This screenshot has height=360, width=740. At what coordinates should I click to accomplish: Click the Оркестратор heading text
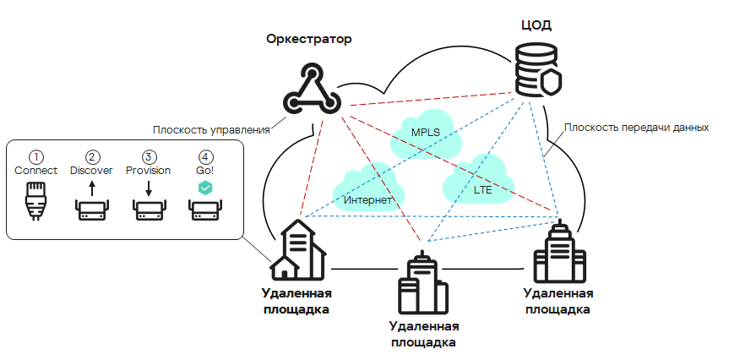point(308,39)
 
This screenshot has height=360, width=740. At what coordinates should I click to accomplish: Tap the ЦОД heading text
point(536,25)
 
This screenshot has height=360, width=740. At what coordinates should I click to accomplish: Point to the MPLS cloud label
point(426,132)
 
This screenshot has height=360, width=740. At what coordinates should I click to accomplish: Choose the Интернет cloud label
point(367,200)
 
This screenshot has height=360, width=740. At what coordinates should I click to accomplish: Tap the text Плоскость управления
point(211,130)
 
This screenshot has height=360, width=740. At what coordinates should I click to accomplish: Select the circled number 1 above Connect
point(35,157)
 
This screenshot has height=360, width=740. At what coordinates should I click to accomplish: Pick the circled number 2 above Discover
point(92,157)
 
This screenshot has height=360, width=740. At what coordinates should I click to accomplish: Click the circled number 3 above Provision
point(149,157)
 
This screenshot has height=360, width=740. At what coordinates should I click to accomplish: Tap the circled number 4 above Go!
point(205,157)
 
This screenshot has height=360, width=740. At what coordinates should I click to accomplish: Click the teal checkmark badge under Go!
point(205,188)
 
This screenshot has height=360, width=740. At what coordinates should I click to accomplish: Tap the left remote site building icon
point(297,251)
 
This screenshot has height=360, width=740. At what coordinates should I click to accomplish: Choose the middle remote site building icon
point(420,285)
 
